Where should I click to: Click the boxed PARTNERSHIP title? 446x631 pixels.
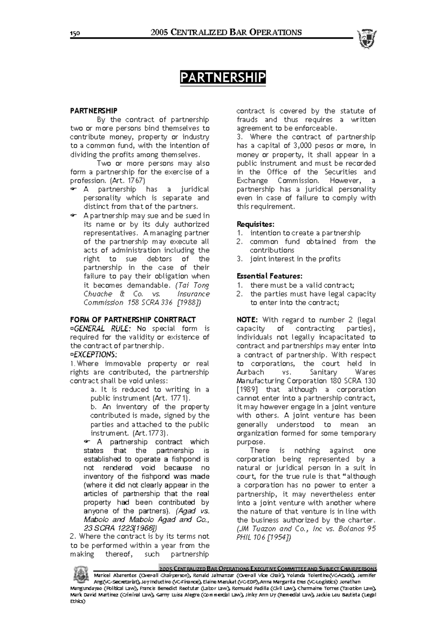223,78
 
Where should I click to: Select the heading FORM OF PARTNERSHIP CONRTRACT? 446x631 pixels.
133,320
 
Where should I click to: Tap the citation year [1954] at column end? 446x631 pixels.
279,537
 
